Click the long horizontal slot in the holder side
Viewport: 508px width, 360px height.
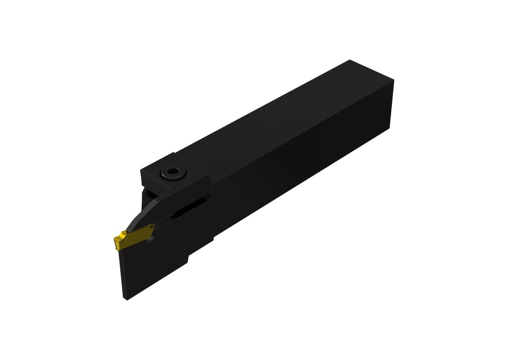(x=186, y=210)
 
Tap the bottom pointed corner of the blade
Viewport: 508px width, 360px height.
(x=125, y=299)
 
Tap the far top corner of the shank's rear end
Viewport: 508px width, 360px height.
(x=350, y=60)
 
